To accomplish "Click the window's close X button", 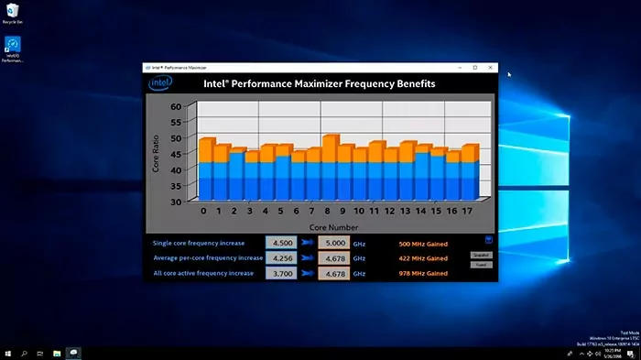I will point(491,68).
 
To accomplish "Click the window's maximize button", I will point(474,68).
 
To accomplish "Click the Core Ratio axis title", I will point(156,152).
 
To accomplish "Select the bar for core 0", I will point(207,169).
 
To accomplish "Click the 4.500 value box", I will point(280,243).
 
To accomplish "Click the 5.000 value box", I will point(334,243).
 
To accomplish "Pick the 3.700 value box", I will point(280,273).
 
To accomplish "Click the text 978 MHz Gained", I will point(423,273).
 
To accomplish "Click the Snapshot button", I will point(481,255).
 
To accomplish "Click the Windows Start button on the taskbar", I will point(8,353).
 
